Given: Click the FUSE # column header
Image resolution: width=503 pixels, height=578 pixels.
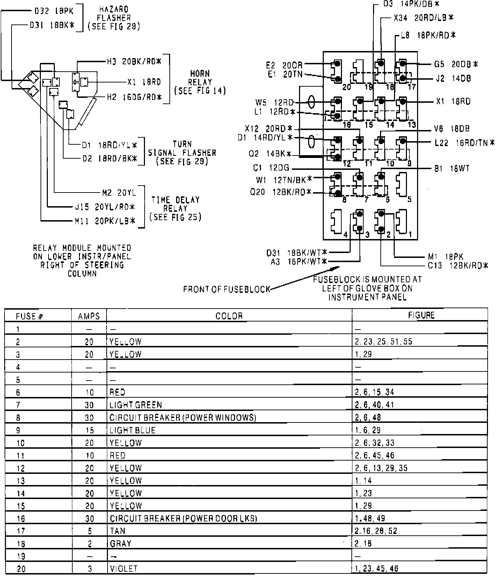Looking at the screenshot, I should [29, 316].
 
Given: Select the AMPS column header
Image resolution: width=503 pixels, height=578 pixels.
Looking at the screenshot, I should [89, 316].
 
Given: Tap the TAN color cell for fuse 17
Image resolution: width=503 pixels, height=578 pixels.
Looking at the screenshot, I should [117, 531].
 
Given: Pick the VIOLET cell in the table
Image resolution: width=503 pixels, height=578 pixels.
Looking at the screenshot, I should [124, 569].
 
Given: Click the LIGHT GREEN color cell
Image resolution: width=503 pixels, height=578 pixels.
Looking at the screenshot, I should [136, 405].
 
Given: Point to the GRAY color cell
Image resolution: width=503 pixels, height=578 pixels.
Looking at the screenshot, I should [121, 543].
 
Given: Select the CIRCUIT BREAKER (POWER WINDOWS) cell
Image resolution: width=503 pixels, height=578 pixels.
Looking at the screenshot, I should [183, 417].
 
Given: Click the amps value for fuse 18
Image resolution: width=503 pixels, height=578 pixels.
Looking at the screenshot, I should [89, 543].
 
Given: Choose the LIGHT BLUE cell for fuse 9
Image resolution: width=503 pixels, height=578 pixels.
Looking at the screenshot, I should [132, 430].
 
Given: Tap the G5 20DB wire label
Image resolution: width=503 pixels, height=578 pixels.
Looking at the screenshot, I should [455, 64].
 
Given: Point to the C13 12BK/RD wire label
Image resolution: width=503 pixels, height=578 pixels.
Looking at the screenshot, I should [458, 266].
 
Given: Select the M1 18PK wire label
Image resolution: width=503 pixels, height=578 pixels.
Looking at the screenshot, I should [451, 257].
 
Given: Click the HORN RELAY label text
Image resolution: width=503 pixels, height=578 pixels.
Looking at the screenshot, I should [200, 82].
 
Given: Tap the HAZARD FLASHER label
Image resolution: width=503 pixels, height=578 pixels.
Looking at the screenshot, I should [114, 18].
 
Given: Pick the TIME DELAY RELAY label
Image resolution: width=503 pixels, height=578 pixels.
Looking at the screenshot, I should [175, 208].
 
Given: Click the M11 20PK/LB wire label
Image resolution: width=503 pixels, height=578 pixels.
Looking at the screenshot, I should [105, 221].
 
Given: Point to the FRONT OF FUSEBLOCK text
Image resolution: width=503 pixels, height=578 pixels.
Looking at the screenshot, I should [227, 289].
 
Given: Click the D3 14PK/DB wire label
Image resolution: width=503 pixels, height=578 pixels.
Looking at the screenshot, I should [411, 4].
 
